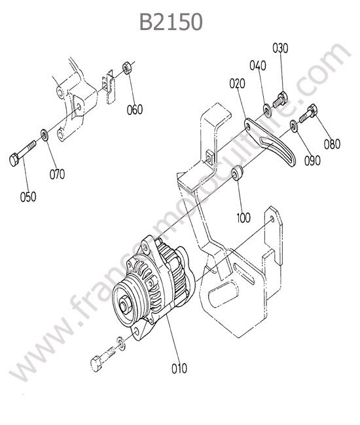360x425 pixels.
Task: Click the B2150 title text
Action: point(171,22)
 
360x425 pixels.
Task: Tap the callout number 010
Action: point(179,368)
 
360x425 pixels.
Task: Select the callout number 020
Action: point(237,84)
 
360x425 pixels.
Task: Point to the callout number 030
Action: point(280,48)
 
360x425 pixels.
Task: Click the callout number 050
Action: point(28,197)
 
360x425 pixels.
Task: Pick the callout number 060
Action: point(135,109)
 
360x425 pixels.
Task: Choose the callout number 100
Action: point(243,217)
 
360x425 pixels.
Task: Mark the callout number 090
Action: point(312,160)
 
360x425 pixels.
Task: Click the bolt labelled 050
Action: point(22,153)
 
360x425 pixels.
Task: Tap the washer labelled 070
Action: point(45,135)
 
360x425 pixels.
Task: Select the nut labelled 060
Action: point(127,67)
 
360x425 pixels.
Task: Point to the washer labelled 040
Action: point(267,109)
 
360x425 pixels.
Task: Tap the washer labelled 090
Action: point(294,126)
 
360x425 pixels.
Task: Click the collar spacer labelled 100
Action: point(237,172)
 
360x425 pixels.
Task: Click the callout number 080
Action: point(332,144)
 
